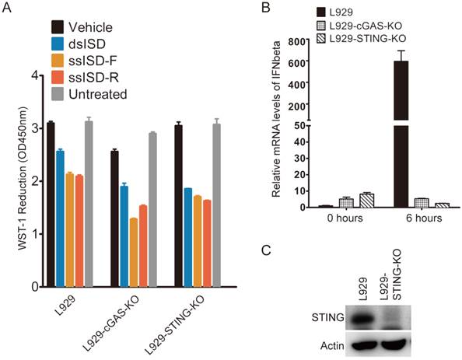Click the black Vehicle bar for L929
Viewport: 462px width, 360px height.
click(51, 204)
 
